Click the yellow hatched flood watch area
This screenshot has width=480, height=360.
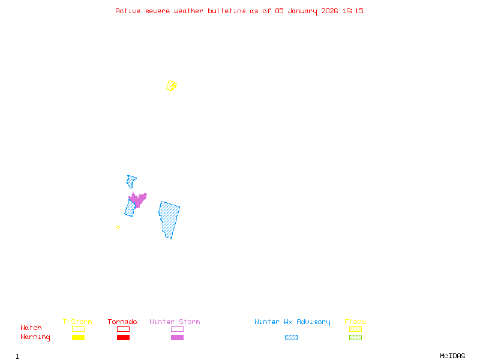(172, 85)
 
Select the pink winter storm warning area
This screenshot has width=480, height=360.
(138, 199)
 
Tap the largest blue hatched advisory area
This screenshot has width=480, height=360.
(169, 219)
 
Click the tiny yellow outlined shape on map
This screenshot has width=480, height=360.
(118, 227)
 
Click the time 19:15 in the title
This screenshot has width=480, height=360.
(353, 11)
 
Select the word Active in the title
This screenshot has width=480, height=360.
(128, 11)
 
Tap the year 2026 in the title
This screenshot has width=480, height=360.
(329, 11)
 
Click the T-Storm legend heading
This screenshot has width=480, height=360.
(77, 322)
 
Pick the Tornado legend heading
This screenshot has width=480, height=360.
(122, 322)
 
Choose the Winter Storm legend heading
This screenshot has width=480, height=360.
(175, 322)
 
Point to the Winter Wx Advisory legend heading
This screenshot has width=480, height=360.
(292, 322)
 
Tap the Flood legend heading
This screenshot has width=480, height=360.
(355, 322)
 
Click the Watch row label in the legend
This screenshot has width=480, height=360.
(31, 328)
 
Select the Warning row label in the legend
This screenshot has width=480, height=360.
(35, 337)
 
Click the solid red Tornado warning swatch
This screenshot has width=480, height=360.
(123, 338)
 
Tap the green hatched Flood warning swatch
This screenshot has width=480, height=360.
(355, 338)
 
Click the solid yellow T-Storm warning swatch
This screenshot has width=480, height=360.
(78, 338)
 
